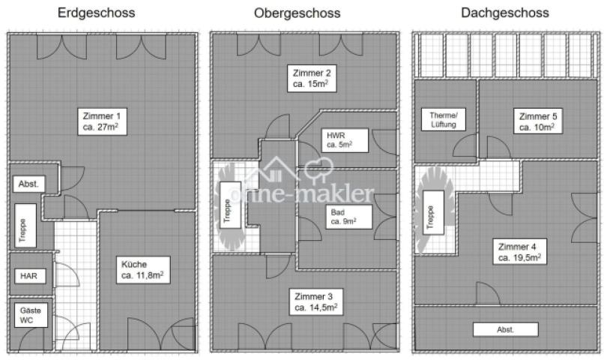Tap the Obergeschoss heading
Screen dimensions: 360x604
[297, 13]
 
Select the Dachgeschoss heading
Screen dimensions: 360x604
[505, 13]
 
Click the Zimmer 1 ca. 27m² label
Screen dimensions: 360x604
[103, 121]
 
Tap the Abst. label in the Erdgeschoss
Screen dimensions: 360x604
[28, 184]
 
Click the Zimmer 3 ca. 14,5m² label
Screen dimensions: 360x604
[315, 301]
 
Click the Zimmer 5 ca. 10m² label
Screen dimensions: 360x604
[537, 121]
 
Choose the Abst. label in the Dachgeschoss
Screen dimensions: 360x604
[505, 329]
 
